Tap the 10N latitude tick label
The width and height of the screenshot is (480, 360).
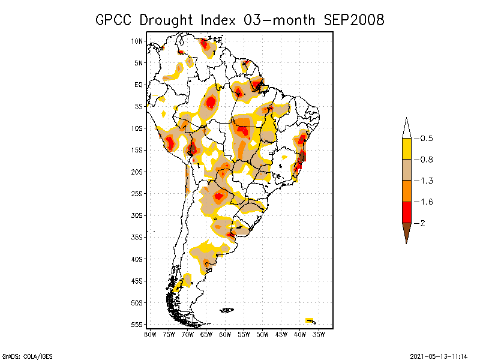pyautogui.click(x=137, y=41)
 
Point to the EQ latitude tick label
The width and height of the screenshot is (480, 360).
pyautogui.click(x=139, y=85)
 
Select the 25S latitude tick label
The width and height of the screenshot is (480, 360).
pyautogui.click(x=137, y=194)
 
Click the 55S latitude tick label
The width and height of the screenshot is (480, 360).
pyautogui.click(x=137, y=325)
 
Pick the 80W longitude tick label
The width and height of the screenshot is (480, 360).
pyautogui.click(x=150, y=334)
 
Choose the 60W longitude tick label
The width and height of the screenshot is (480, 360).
pyautogui.click(x=225, y=334)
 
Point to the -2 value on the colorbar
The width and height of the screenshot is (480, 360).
pyautogui.click(x=421, y=223)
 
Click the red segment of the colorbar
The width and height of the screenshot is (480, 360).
pyautogui.click(x=406, y=212)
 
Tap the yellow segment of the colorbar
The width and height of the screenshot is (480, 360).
pyautogui.click(x=406, y=149)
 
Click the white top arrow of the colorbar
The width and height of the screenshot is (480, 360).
pyautogui.click(x=406, y=128)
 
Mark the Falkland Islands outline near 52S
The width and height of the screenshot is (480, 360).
pyautogui.click(x=227, y=310)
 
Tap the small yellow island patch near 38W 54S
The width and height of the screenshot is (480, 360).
pyautogui.click(x=310, y=320)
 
